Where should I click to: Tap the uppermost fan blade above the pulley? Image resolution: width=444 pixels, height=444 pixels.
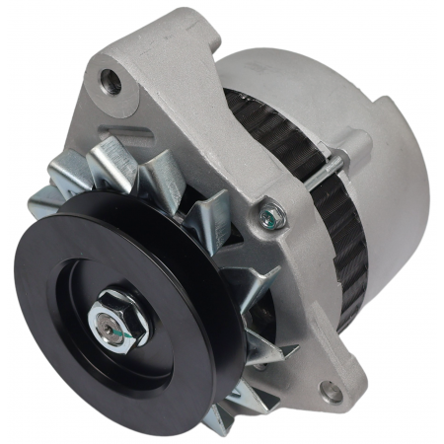[x=113, y=158]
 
